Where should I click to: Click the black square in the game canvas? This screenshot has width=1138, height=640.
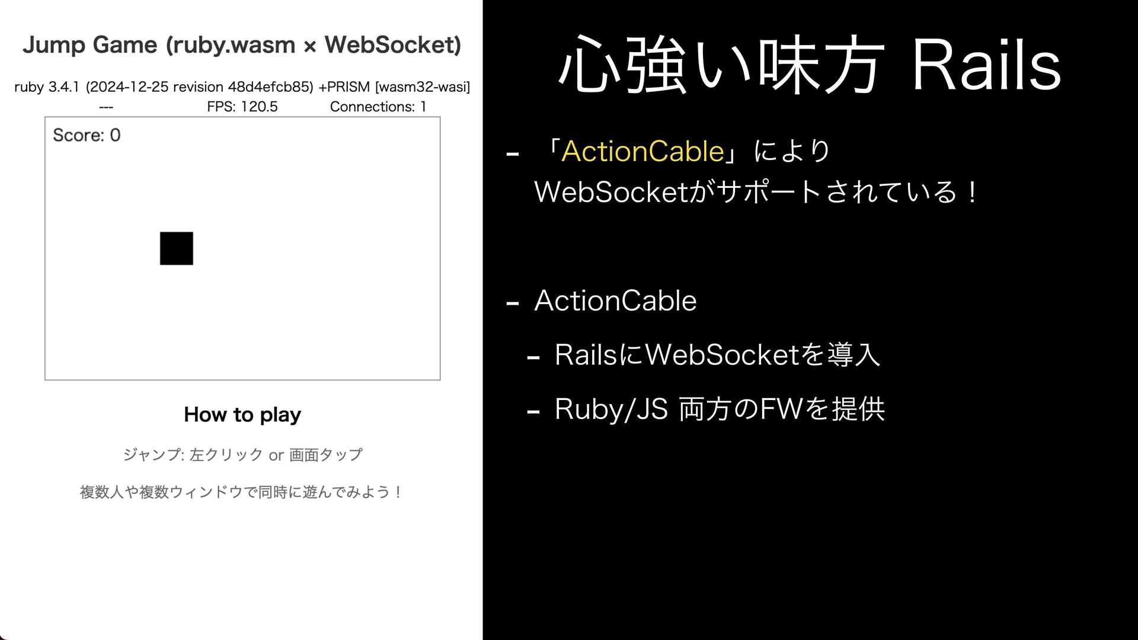click(177, 248)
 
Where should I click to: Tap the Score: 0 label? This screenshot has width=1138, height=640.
click(87, 135)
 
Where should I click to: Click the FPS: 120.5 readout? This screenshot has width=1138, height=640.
click(242, 107)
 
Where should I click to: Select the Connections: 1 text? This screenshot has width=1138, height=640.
click(378, 107)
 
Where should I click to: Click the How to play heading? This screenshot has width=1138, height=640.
click(242, 414)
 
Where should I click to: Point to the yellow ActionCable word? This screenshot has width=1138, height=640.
click(642, 152)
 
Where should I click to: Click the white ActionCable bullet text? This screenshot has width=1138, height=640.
click(615, 301)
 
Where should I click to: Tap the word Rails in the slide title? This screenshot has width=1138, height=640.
click(986, 65)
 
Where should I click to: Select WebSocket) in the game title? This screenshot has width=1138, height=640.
click(393, 45)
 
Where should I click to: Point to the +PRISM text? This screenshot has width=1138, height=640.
click(344, 87)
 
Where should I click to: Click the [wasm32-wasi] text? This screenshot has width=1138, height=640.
click(423, 87)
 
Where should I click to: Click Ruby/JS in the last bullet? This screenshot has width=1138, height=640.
click(611, 409)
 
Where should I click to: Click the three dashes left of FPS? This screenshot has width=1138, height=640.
click(106, 107)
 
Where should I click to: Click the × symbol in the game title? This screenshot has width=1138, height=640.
click(309, 46)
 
